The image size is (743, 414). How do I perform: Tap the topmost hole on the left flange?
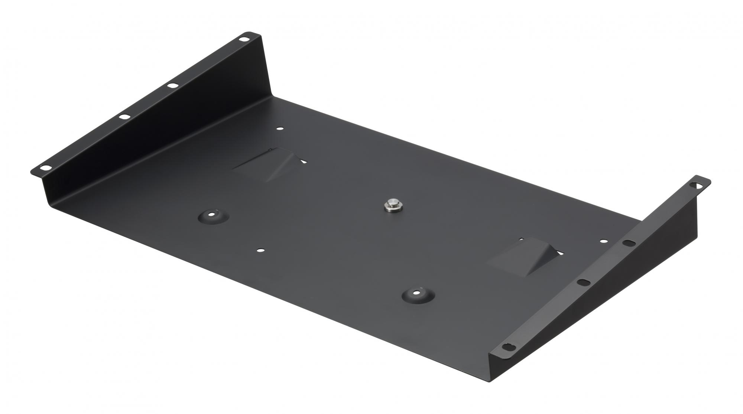point(244,38)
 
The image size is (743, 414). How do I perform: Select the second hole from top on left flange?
point(172,86)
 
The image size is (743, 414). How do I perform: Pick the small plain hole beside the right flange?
point(603,241)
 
